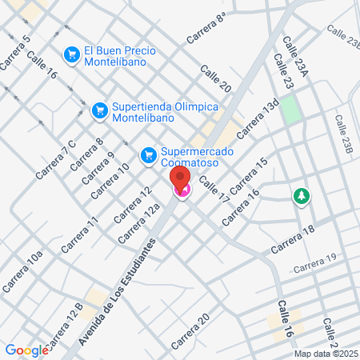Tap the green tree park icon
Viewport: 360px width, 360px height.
click(302, 196)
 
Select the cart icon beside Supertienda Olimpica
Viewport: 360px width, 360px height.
click(100, 108)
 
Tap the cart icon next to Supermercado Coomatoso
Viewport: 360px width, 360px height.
click(148, 154)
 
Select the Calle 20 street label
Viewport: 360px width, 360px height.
click(216, 78)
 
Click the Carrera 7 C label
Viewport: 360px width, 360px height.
click(57, 159)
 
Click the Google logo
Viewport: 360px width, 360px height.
click(26, 350)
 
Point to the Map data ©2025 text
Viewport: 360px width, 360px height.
click(325, 354)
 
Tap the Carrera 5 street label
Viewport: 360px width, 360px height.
click(16, 51)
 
